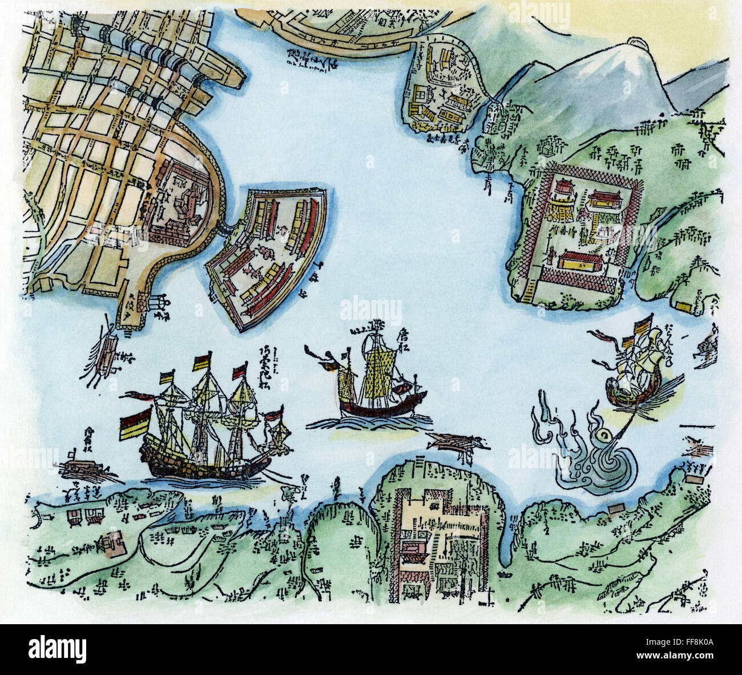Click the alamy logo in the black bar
point(57,649)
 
